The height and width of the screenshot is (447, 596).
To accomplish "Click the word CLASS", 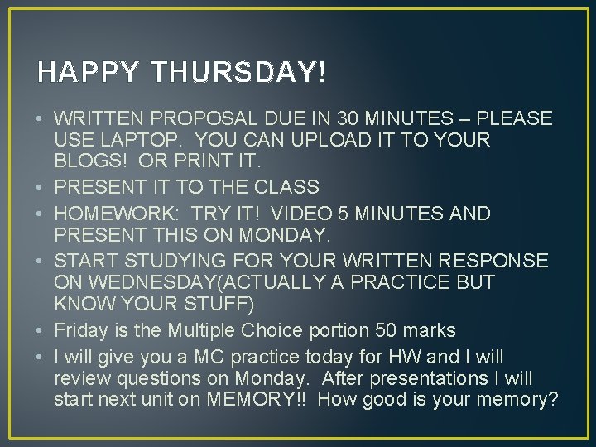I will (286, 188).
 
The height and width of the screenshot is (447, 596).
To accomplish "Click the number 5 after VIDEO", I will (333, 214).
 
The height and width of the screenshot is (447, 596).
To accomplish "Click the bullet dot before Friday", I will (41, 330).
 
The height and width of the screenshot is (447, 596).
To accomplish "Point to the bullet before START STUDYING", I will (41, 261).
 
